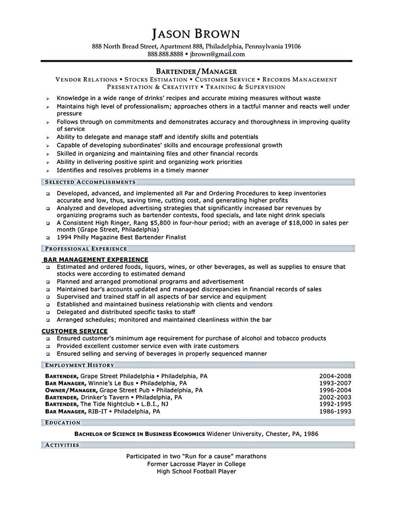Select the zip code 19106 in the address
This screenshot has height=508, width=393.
point(291,46)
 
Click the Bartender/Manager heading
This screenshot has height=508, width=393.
point(196,71)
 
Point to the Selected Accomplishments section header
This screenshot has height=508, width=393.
point(90,182)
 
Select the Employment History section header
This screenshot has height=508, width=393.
point(79,365)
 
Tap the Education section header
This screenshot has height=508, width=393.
point(62,422)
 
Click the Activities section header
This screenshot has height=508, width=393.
point(62,445)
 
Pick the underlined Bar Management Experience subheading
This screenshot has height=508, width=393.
point(96,259)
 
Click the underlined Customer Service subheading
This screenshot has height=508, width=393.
point(75,331)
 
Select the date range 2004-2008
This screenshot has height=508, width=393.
point(335,376)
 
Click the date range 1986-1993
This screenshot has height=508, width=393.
point(335,411)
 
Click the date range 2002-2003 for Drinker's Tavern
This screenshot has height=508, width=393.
point(335,397)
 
